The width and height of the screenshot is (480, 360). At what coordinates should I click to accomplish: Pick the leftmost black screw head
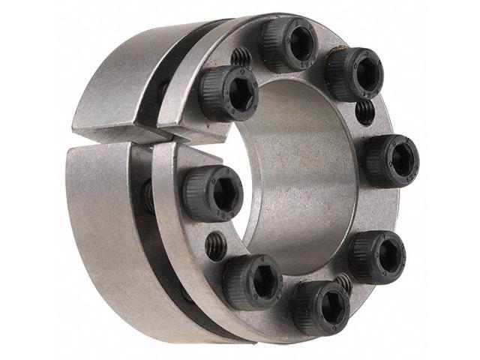click(x=212, y=193)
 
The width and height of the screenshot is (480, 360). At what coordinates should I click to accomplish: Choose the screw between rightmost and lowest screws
click(x=377, y=256)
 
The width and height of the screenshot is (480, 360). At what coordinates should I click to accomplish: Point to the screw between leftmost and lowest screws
click(x=252, y=280)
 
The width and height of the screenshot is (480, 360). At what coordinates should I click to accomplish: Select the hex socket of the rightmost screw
click(x=401, y=160)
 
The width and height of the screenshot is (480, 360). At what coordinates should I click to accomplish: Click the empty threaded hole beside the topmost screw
click(x=240, y=56)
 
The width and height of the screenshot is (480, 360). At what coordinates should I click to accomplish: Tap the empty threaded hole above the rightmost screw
click(x=364, y=112)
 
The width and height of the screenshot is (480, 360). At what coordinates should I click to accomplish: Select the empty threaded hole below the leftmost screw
click(x=215, y=244)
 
